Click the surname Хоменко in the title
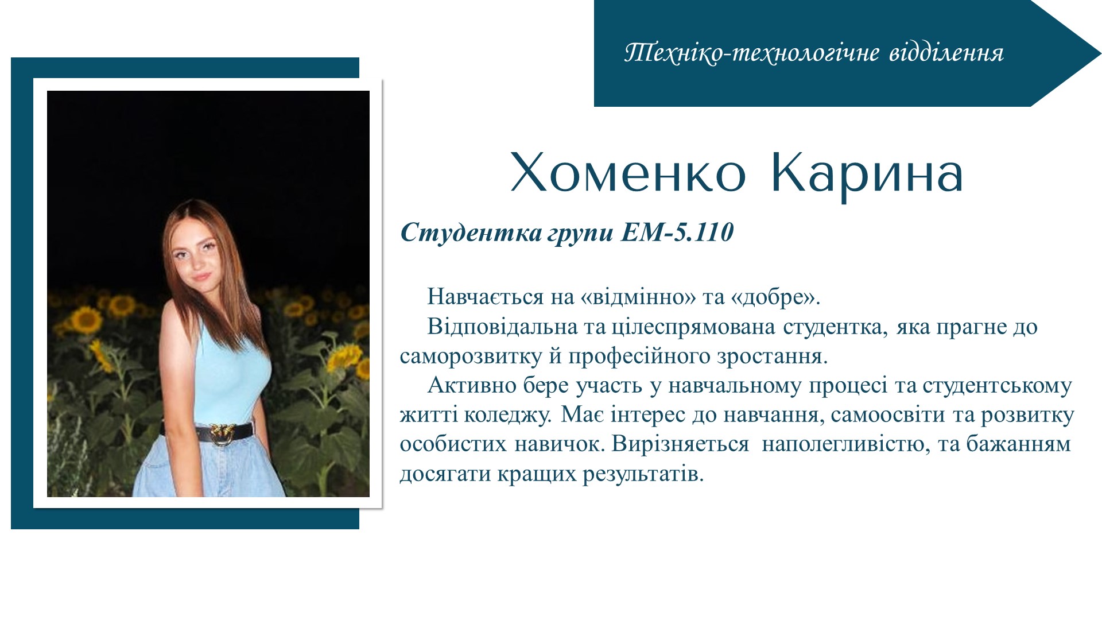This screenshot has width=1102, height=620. (x=627, y=173)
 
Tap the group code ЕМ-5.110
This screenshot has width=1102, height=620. (x=677, y=232)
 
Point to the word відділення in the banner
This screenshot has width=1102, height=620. (x=946, y=53)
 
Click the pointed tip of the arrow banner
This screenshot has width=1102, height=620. (x=1100, y=53)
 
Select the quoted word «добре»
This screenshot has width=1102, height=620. (x=775, y=297)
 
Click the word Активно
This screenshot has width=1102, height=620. (x=472, y=385)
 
